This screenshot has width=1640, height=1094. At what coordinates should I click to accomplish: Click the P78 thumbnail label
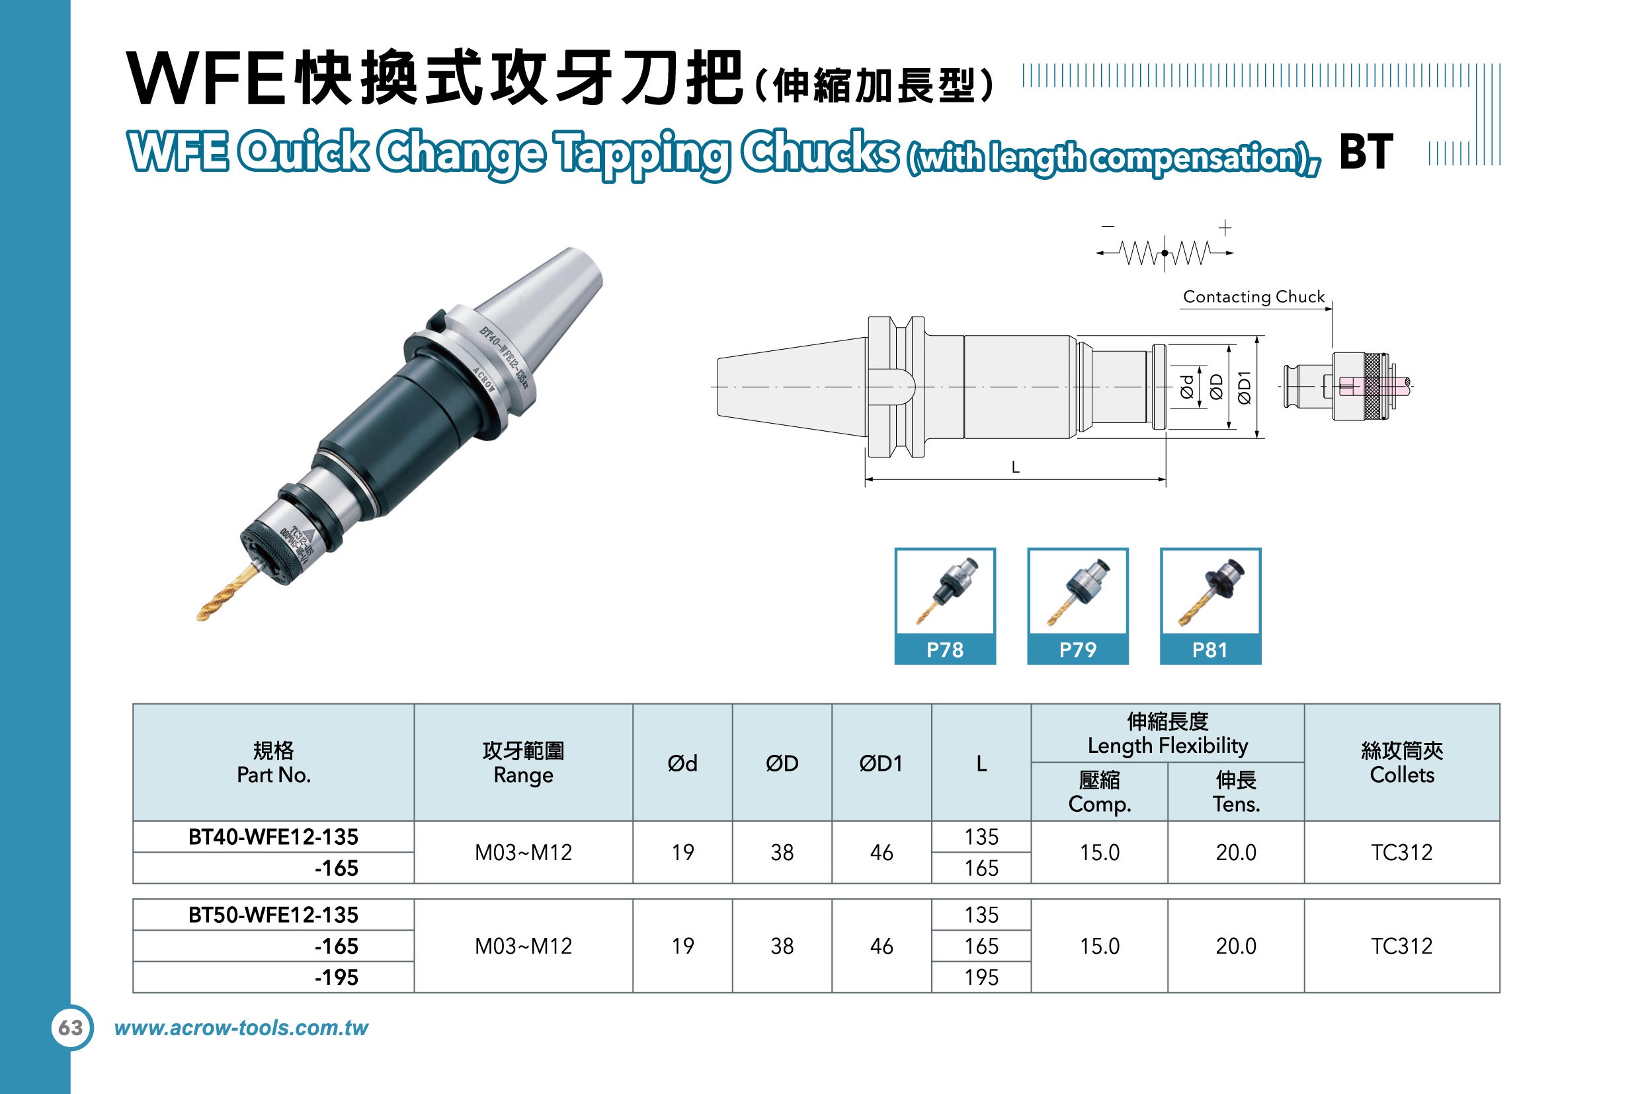coord(945,650)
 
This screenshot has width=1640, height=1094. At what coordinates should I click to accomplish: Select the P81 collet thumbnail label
coord(1210,650)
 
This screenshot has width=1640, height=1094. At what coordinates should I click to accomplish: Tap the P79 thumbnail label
coord(1077,650)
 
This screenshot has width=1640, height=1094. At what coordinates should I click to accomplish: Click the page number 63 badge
coord(71,1028)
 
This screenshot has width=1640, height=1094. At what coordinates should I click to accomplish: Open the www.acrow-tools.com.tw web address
coord(241,1028)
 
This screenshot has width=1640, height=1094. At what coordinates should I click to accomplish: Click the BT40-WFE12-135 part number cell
coord(274,837)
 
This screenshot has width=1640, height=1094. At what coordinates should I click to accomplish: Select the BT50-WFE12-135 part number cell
coord(274,915)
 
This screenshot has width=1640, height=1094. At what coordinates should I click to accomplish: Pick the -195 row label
coord(337,978)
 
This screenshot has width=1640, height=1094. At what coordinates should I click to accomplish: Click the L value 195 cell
coord(981,978)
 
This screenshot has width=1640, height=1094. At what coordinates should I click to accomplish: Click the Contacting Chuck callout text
coord(1253,297)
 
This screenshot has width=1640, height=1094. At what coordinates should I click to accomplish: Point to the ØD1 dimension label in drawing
coord(1245,387)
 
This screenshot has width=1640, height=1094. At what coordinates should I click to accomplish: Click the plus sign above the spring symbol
coord(1225,227)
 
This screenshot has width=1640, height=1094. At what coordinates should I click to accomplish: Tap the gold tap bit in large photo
coord(227,593)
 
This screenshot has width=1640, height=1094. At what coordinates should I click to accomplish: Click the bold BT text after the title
coord(1366,151)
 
